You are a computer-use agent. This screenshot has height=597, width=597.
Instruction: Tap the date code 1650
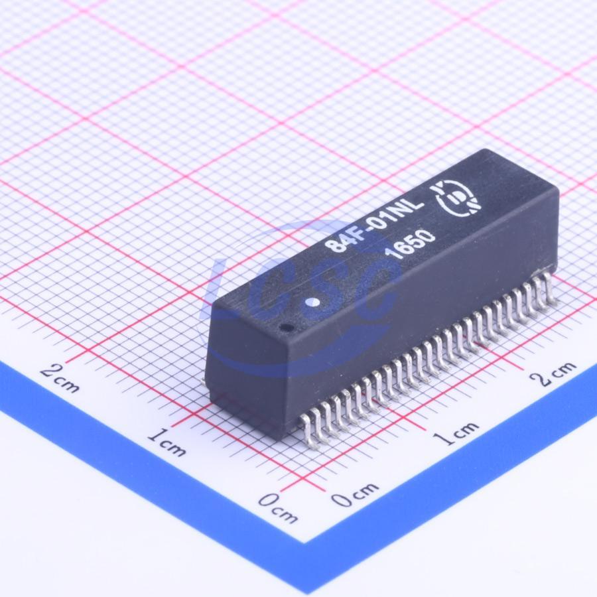tap(409, 244)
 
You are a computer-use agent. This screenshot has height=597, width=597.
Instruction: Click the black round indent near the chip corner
tap(287, 328)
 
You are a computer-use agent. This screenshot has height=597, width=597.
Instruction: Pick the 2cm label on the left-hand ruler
tap(60, 377)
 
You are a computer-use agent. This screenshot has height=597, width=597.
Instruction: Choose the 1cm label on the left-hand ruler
tap(167, 442)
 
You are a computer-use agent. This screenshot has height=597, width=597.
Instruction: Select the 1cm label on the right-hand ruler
tap(456, 432)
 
